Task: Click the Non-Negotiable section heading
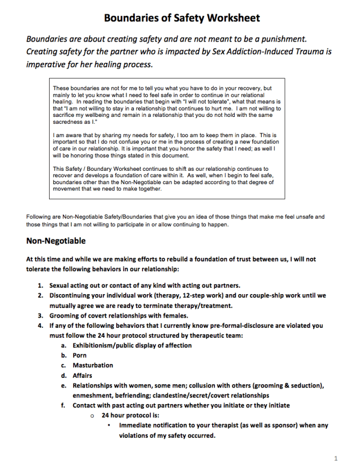point(55,241)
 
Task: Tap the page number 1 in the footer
point(336,459)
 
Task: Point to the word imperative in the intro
point(48,65)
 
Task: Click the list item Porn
point(79,355)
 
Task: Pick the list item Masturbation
point(93,365)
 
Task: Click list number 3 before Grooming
point(40,315)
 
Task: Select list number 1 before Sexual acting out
point(40,285)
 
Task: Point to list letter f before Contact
point(63,405)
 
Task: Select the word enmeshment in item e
point(93,396)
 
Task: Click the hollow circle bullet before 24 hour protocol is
point(92,415)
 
